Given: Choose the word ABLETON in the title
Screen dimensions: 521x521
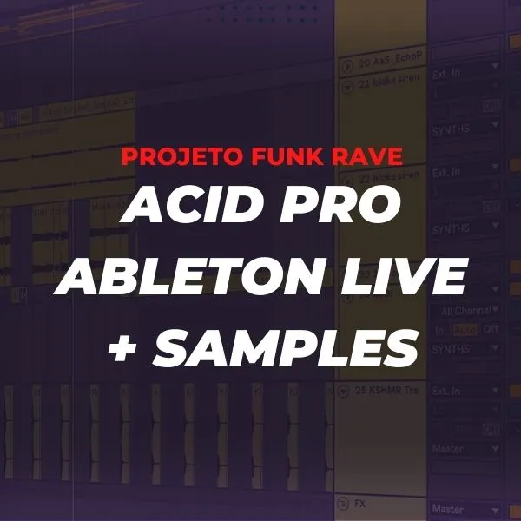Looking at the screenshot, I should pos(193,278).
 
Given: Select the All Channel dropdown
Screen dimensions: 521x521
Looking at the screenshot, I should pos(469,310).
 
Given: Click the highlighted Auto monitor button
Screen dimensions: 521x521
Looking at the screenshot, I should pos(466,329).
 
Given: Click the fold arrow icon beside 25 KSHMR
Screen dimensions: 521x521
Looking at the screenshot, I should pos(345,391).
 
